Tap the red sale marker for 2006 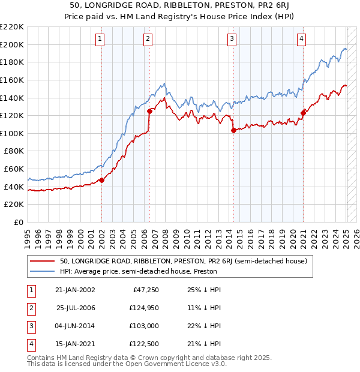(x=149, y=110)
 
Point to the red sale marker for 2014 (x=233, y=130)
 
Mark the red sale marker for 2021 (x=303, y=112)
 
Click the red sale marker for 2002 (x=101, y=179)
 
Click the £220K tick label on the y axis (x=12, y=26)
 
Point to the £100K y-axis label (x=12, y=133)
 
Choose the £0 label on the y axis (x=18, y=222)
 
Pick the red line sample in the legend (x=42, y=262)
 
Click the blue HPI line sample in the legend (x=42, y=272)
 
